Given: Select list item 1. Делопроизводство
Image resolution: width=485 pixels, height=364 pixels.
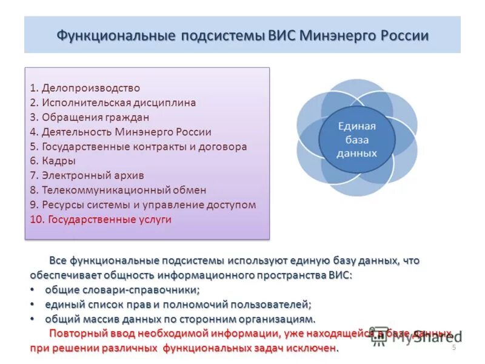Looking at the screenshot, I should point(85,88).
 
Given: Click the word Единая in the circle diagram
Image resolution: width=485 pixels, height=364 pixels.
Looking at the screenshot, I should point(356,126).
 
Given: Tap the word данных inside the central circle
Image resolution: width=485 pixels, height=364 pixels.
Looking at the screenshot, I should point(356,153).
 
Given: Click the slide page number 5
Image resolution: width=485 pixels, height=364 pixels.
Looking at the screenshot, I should point(453,348).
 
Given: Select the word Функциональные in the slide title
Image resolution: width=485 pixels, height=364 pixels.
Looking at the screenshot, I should point(115,35).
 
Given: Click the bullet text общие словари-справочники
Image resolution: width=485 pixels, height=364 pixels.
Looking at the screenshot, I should point(122,290).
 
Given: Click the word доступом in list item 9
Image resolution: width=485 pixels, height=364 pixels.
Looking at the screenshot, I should point(233,204).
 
